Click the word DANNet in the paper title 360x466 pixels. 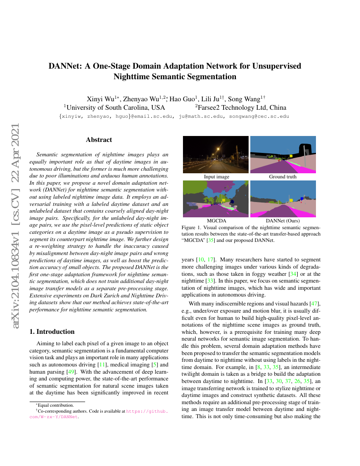66,67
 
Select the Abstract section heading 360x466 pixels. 99,140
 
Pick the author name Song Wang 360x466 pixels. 243,99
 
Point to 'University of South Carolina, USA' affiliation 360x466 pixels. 114,108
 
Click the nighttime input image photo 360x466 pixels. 216,155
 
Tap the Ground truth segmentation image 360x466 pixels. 283,155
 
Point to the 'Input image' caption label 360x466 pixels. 216,177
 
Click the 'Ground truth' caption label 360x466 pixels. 283,177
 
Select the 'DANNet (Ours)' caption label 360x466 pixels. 283,221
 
